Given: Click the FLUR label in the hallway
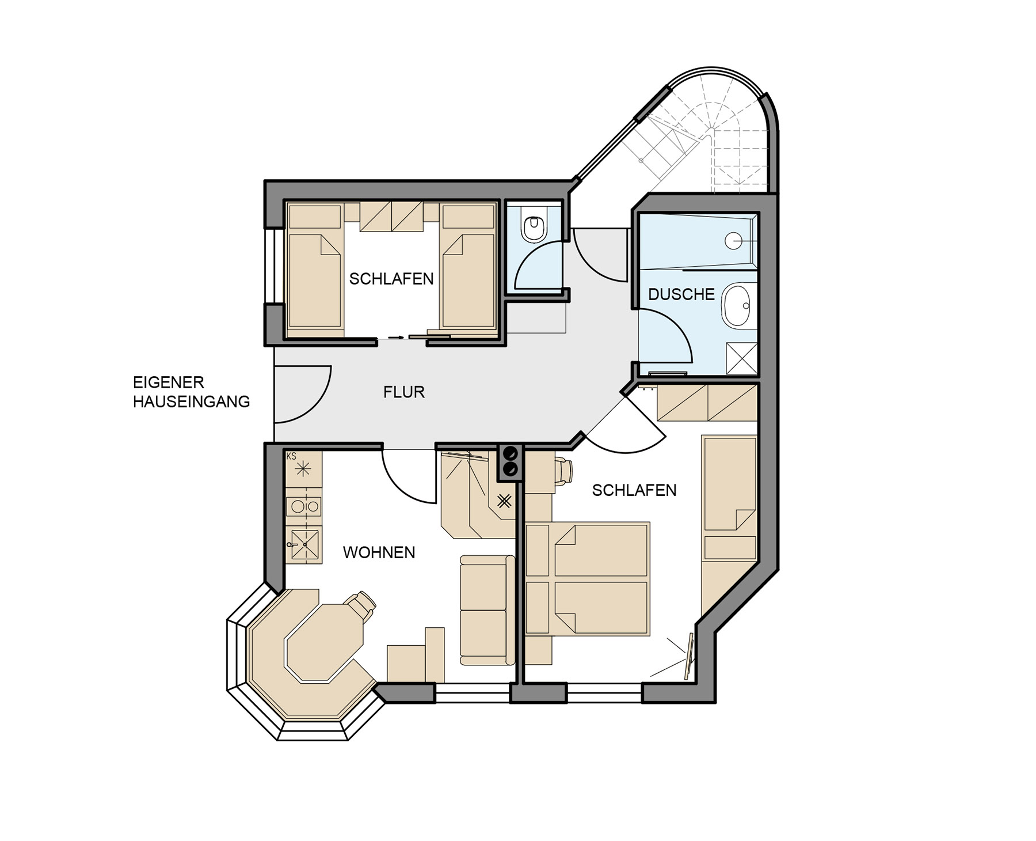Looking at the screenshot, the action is click(404, 392).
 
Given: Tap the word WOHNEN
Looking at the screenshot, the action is click(379, 553).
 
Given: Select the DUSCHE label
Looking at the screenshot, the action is click(681, 294).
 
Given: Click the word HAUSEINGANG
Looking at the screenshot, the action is click(191, 401).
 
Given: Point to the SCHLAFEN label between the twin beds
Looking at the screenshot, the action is click(391, 279).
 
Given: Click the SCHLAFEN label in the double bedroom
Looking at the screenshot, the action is click(634, 490).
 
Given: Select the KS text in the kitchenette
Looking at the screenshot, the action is click(291, 456).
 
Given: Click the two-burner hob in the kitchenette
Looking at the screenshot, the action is click(304, 507).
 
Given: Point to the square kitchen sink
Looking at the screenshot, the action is click(304, 544).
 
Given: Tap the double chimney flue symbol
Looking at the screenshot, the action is click(509, 463).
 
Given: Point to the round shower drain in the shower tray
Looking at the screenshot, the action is click(733, 241).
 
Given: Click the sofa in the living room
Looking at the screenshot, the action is click(487, 611).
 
